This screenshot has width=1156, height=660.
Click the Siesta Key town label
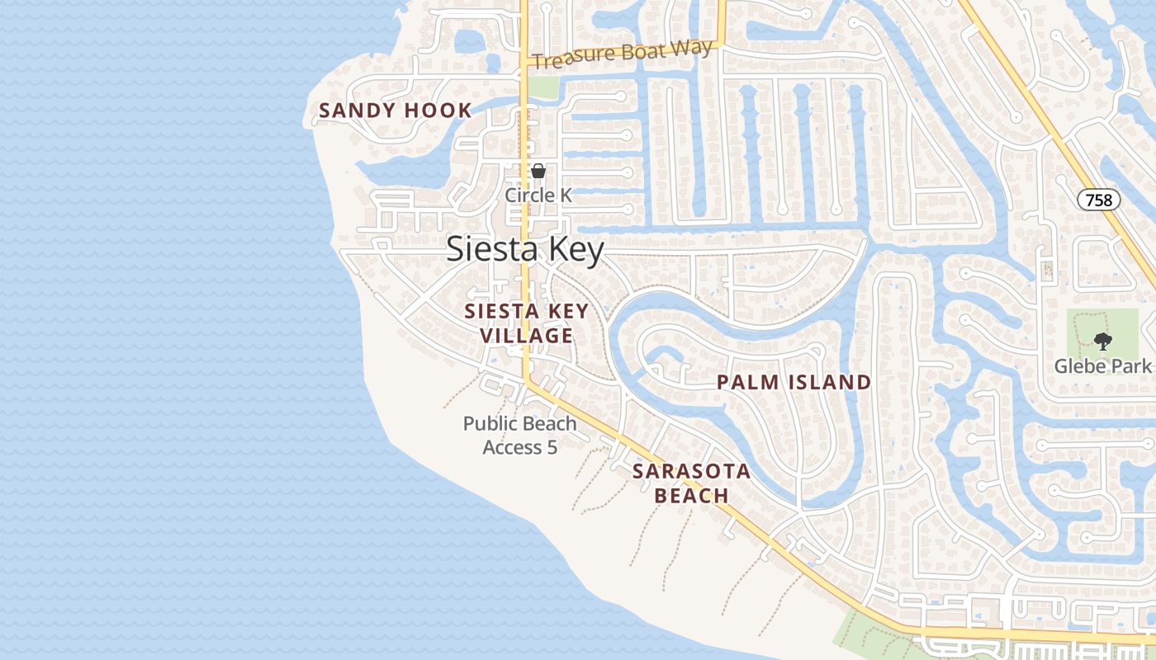coord(525,249)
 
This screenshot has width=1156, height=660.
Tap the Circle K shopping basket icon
coord(538,171)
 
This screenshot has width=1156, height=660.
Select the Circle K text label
coord(538,196)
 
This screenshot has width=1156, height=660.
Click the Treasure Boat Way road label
coord(622,54)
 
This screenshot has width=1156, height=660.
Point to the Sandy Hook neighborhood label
coord(396,111)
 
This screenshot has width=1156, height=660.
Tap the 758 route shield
coord(1099,199)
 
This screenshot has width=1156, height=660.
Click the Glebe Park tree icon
coord(1102,341)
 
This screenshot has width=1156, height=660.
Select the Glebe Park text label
coord(1102,365)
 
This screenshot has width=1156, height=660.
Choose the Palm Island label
coord(794,382)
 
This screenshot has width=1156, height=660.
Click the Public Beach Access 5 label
coord(519,435)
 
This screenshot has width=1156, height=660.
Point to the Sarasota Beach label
coord(691,483)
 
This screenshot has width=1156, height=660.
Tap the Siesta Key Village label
coord(526,323)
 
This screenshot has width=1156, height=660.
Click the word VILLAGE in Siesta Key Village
coord(526,336)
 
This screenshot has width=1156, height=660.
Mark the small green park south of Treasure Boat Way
coord(542,87)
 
